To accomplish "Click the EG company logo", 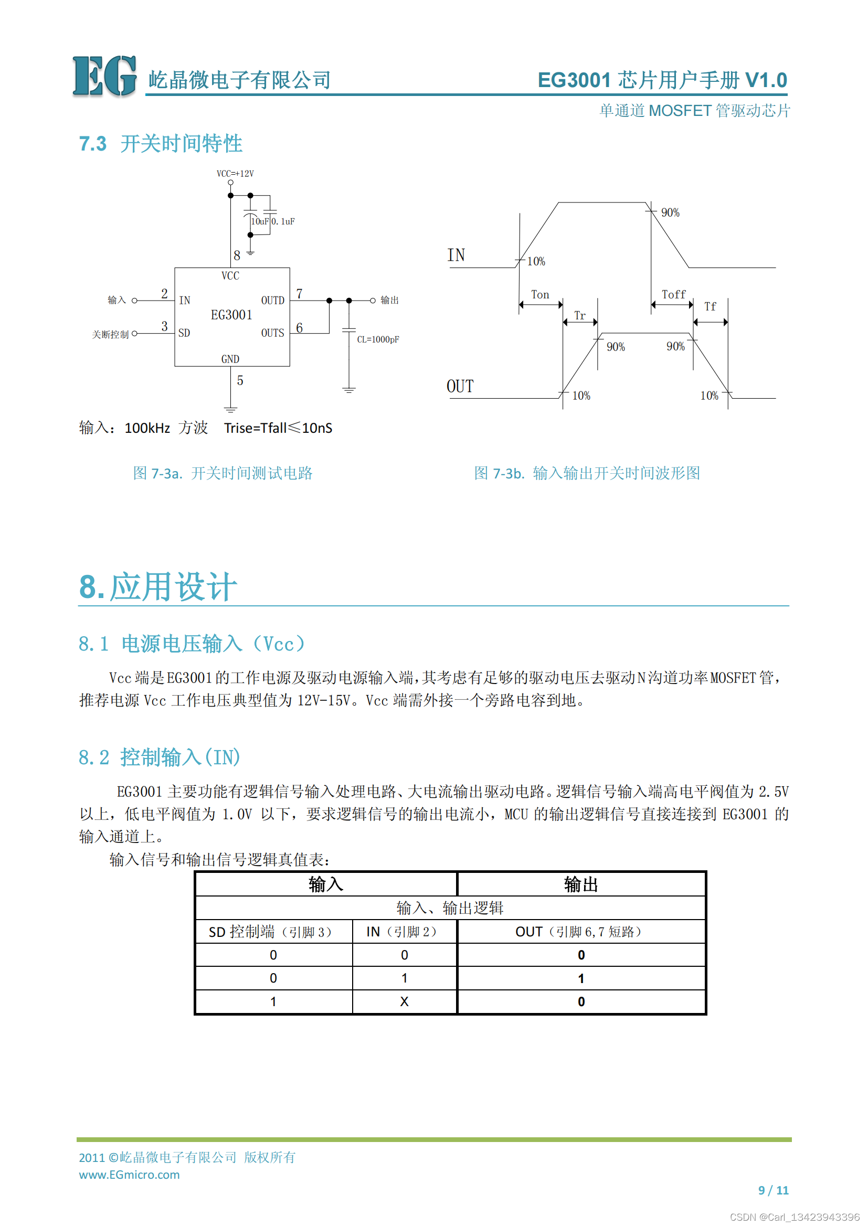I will coord(104,76).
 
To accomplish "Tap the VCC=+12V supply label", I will coord(235,174).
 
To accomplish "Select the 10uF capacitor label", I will coord(260,221).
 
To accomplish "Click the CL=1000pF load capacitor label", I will coord(378,339).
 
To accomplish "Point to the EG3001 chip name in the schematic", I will coord(231,315).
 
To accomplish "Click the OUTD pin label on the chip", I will coord(272,301).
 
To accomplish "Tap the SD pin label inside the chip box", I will coord(184,334).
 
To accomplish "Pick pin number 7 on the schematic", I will coord(299,294).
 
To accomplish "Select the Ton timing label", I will coord(540,294).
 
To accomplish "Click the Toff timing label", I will coord(673,294).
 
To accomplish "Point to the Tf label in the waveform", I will coord(710,307).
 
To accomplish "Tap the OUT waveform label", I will coord(460,387).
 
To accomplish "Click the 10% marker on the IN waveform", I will coord(536,261).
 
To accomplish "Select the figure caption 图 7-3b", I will coord(587,473).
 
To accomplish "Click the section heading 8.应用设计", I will coord(157,587).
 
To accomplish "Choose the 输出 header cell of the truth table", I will coord(581,884).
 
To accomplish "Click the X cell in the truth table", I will coord(405,1002).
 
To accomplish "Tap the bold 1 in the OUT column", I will coord(581,978).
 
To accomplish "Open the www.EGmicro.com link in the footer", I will coord(129,1175).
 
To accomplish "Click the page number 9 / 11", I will coord(774,1190).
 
